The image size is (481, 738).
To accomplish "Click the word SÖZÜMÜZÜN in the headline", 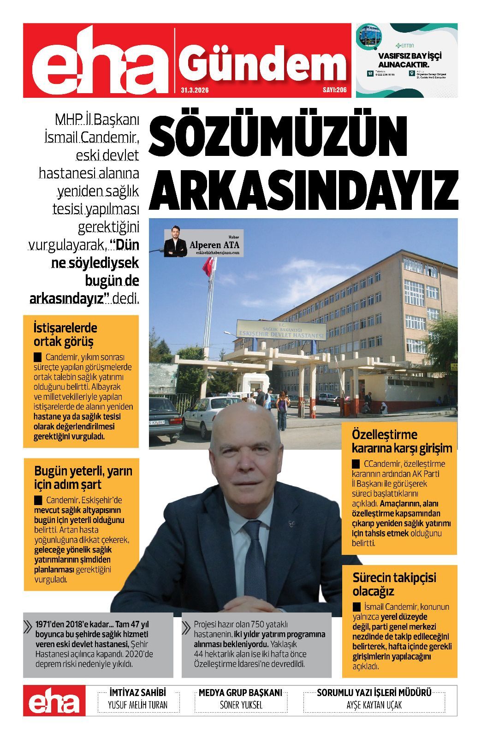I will [279, 136].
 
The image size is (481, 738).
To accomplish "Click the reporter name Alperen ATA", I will [214, 245].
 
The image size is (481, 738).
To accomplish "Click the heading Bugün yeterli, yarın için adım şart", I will [83, 478].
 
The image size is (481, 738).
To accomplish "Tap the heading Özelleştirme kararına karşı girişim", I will [401, 441].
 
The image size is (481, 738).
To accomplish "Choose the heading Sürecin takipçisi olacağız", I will [394, 584].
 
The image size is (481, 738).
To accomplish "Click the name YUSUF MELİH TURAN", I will [137, 705].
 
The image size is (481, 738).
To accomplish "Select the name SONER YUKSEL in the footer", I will [241, 705].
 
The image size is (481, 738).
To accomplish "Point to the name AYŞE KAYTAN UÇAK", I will [374, 705].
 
